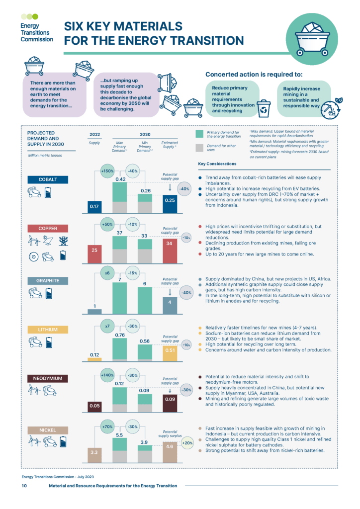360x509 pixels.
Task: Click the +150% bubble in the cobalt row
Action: pyautogui.click(x=107, y=171)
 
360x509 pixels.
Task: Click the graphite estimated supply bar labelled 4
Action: pyautogui.click(x=170, y=305)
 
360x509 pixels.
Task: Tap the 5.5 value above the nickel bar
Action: pyautogui.click(x=120, y=434)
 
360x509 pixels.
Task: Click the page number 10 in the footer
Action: pyautogui.click(x=24, y=486)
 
